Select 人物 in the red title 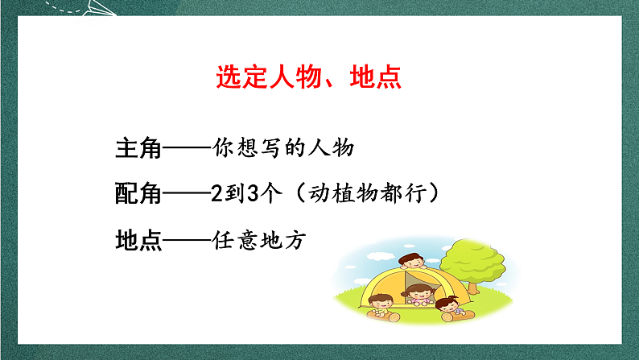[x=296, y=77]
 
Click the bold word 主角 [x=139, y=149]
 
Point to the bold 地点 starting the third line [x=139, y=240]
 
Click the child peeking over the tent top [x=411, y=264]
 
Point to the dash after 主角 [x=187, y=149]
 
